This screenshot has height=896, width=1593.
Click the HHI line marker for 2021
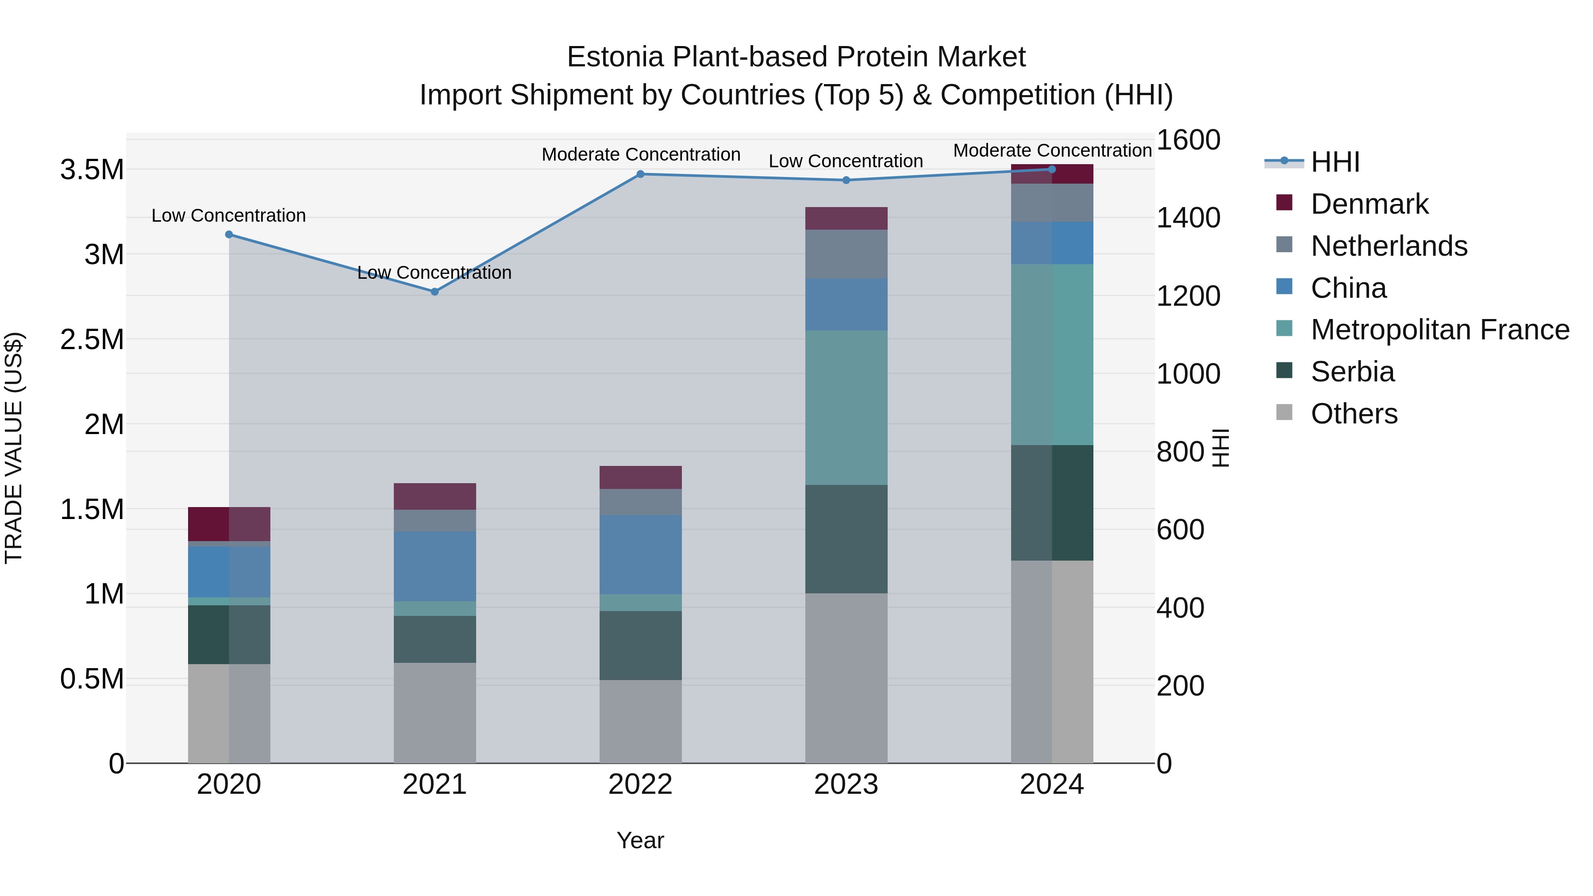tap(435, 291)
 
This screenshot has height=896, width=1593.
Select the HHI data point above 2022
tap(641, 174)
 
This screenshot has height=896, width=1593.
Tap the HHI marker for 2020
tap(229, 235)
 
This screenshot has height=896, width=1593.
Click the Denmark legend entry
tap(1369, 204)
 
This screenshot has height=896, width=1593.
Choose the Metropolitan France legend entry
tap(1439, 330)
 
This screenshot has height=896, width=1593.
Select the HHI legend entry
tap(1335, 162)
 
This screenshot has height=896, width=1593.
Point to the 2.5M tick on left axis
tap(92, 339)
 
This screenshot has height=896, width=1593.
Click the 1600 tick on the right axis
tap(1188, 140)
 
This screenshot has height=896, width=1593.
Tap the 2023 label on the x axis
tap(846, 784)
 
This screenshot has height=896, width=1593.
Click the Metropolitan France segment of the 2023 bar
tap(846, 408)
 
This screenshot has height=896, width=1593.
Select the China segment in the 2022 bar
tap(641, 555)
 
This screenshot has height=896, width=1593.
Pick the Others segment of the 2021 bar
tap(435, 712)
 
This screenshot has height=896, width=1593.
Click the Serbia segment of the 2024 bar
tap(1052, 503)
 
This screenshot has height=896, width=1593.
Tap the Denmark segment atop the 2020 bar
tap(229, 524)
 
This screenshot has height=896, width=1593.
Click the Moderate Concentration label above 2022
tap(641, 154)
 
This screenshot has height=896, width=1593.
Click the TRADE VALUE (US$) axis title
tap(14, 448)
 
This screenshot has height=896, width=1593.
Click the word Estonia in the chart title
tap(616, 57)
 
